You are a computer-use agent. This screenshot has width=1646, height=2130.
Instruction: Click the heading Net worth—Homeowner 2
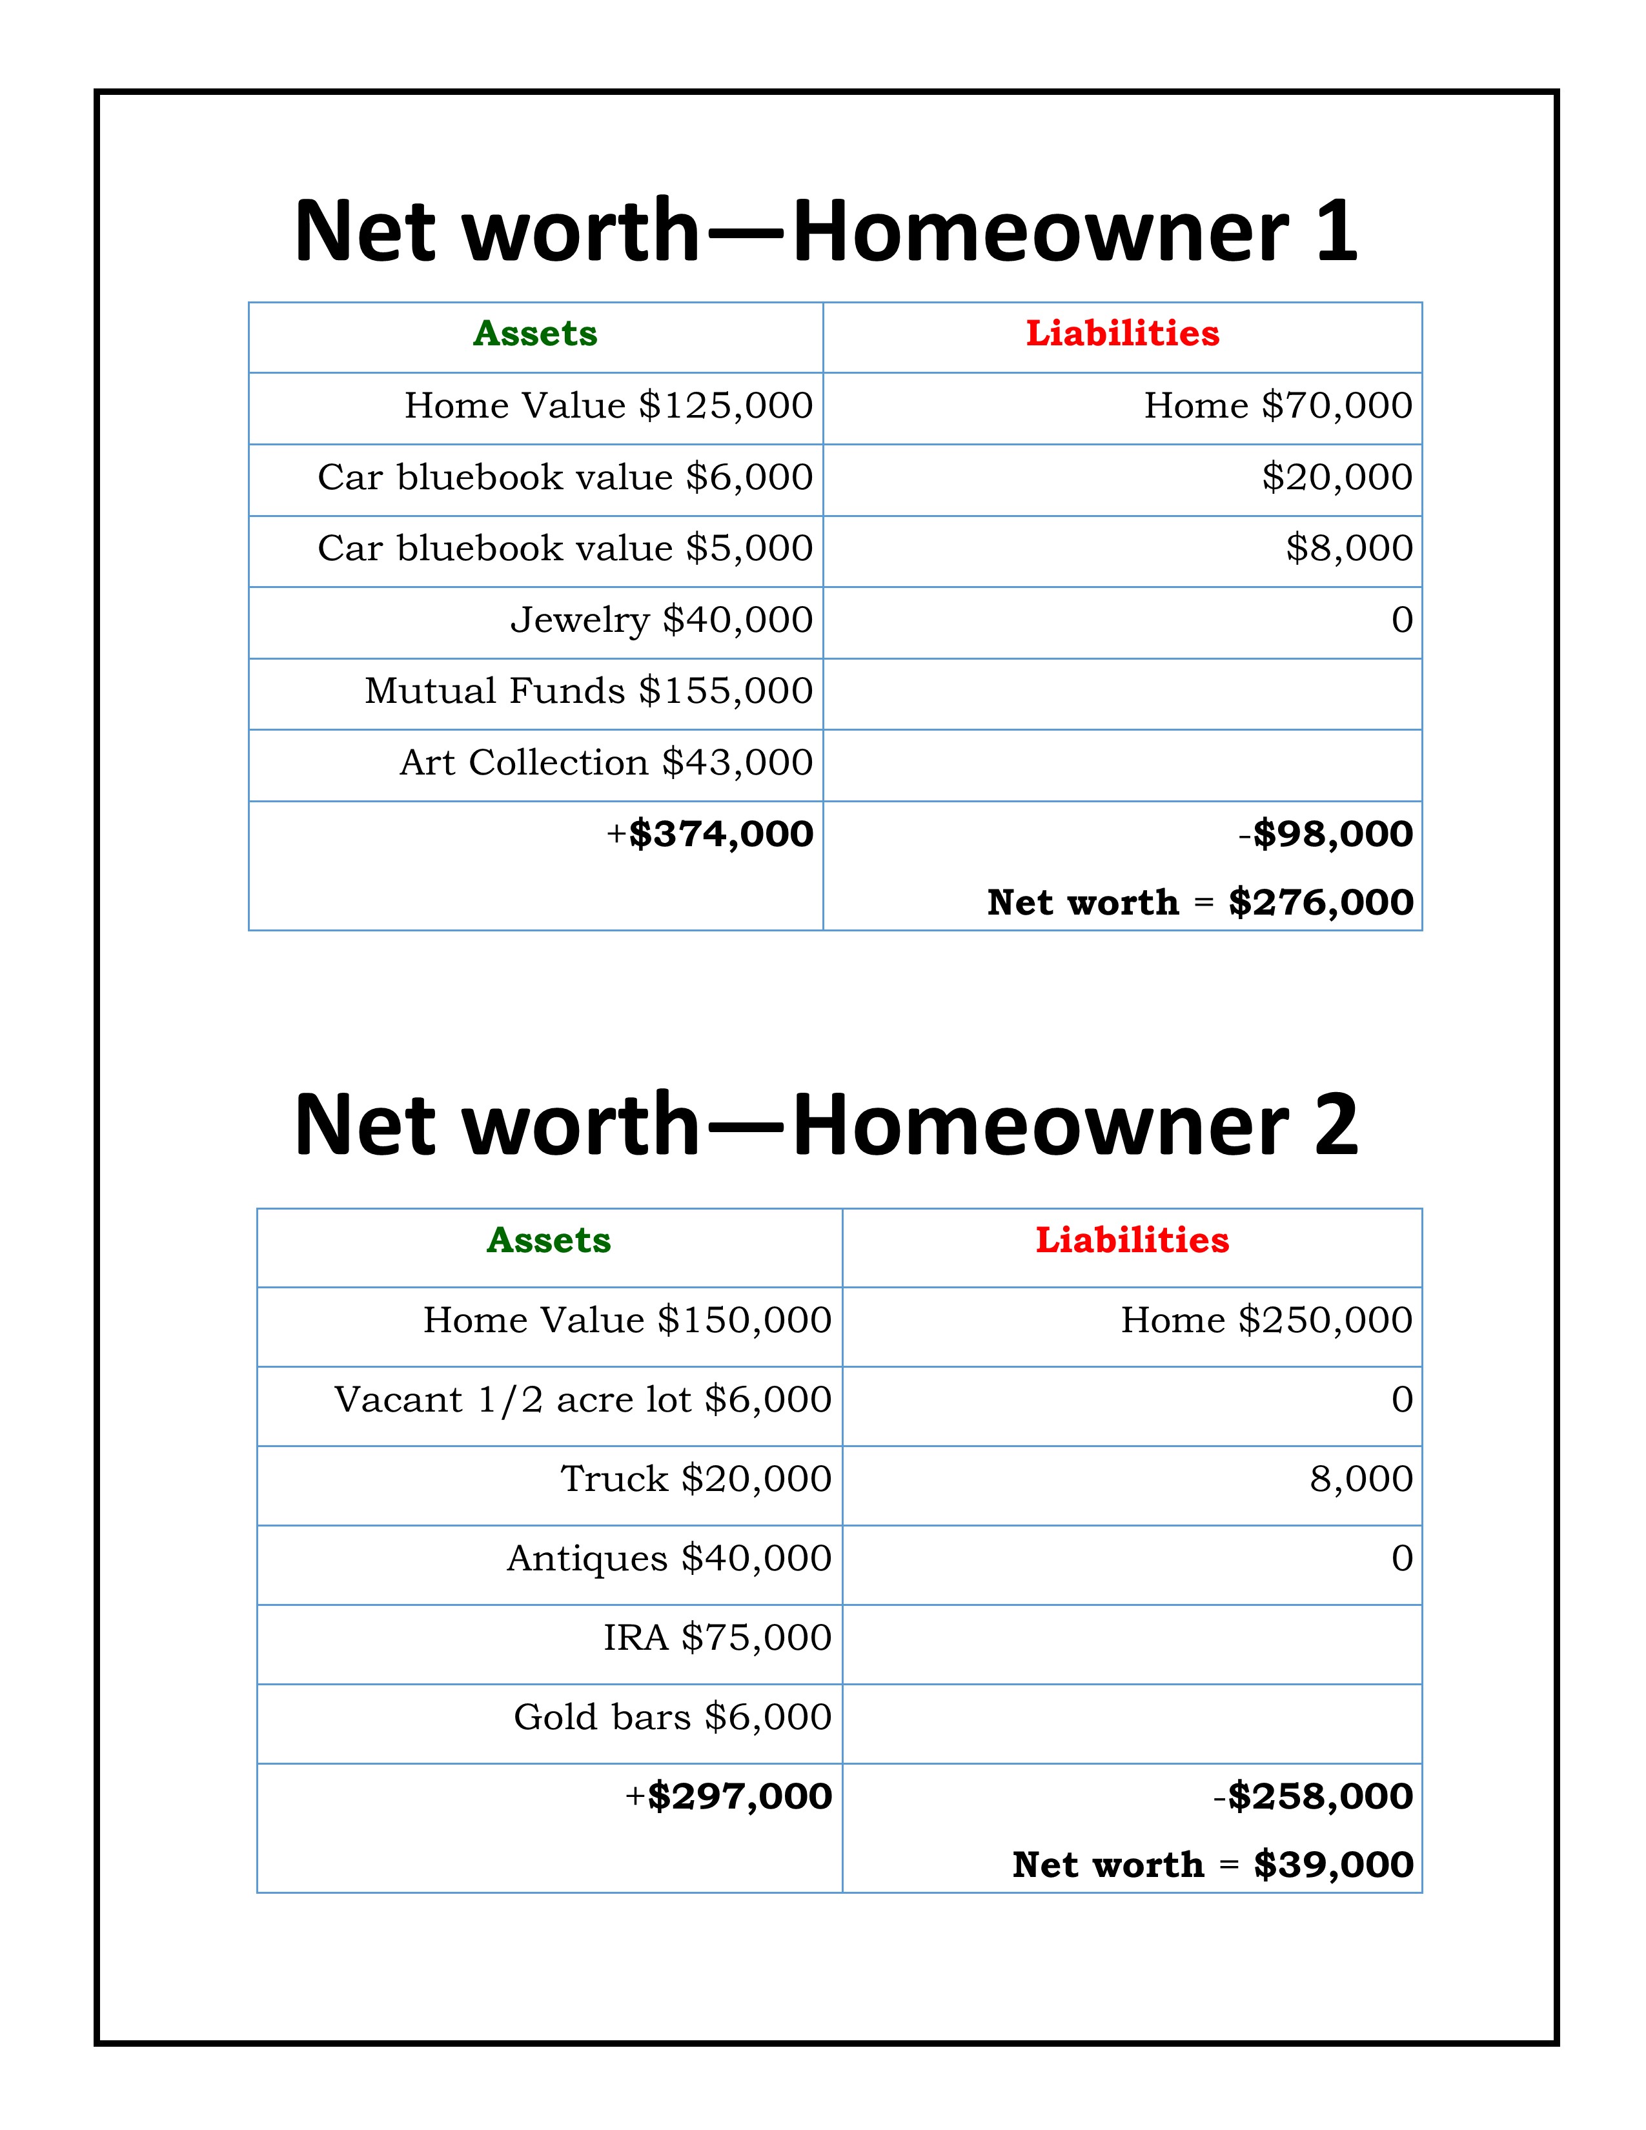coord(825,1124)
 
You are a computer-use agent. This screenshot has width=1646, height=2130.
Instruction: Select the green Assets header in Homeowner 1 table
coord(535,334)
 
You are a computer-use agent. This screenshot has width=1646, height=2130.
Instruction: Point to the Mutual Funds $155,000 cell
coord(589,691)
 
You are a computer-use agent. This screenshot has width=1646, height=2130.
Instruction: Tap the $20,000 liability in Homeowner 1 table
coord(1337,478)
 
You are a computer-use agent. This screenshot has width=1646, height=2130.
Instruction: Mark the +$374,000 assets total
coord(710,835)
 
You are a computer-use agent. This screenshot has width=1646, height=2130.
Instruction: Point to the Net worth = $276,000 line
coord(1201,903)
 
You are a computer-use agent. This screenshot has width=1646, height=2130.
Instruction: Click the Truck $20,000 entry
coord(695,1479)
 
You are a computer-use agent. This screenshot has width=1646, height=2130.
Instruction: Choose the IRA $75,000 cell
coord(716,1638)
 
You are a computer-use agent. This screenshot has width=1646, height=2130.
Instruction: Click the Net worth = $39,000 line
coord(1213,1865)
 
